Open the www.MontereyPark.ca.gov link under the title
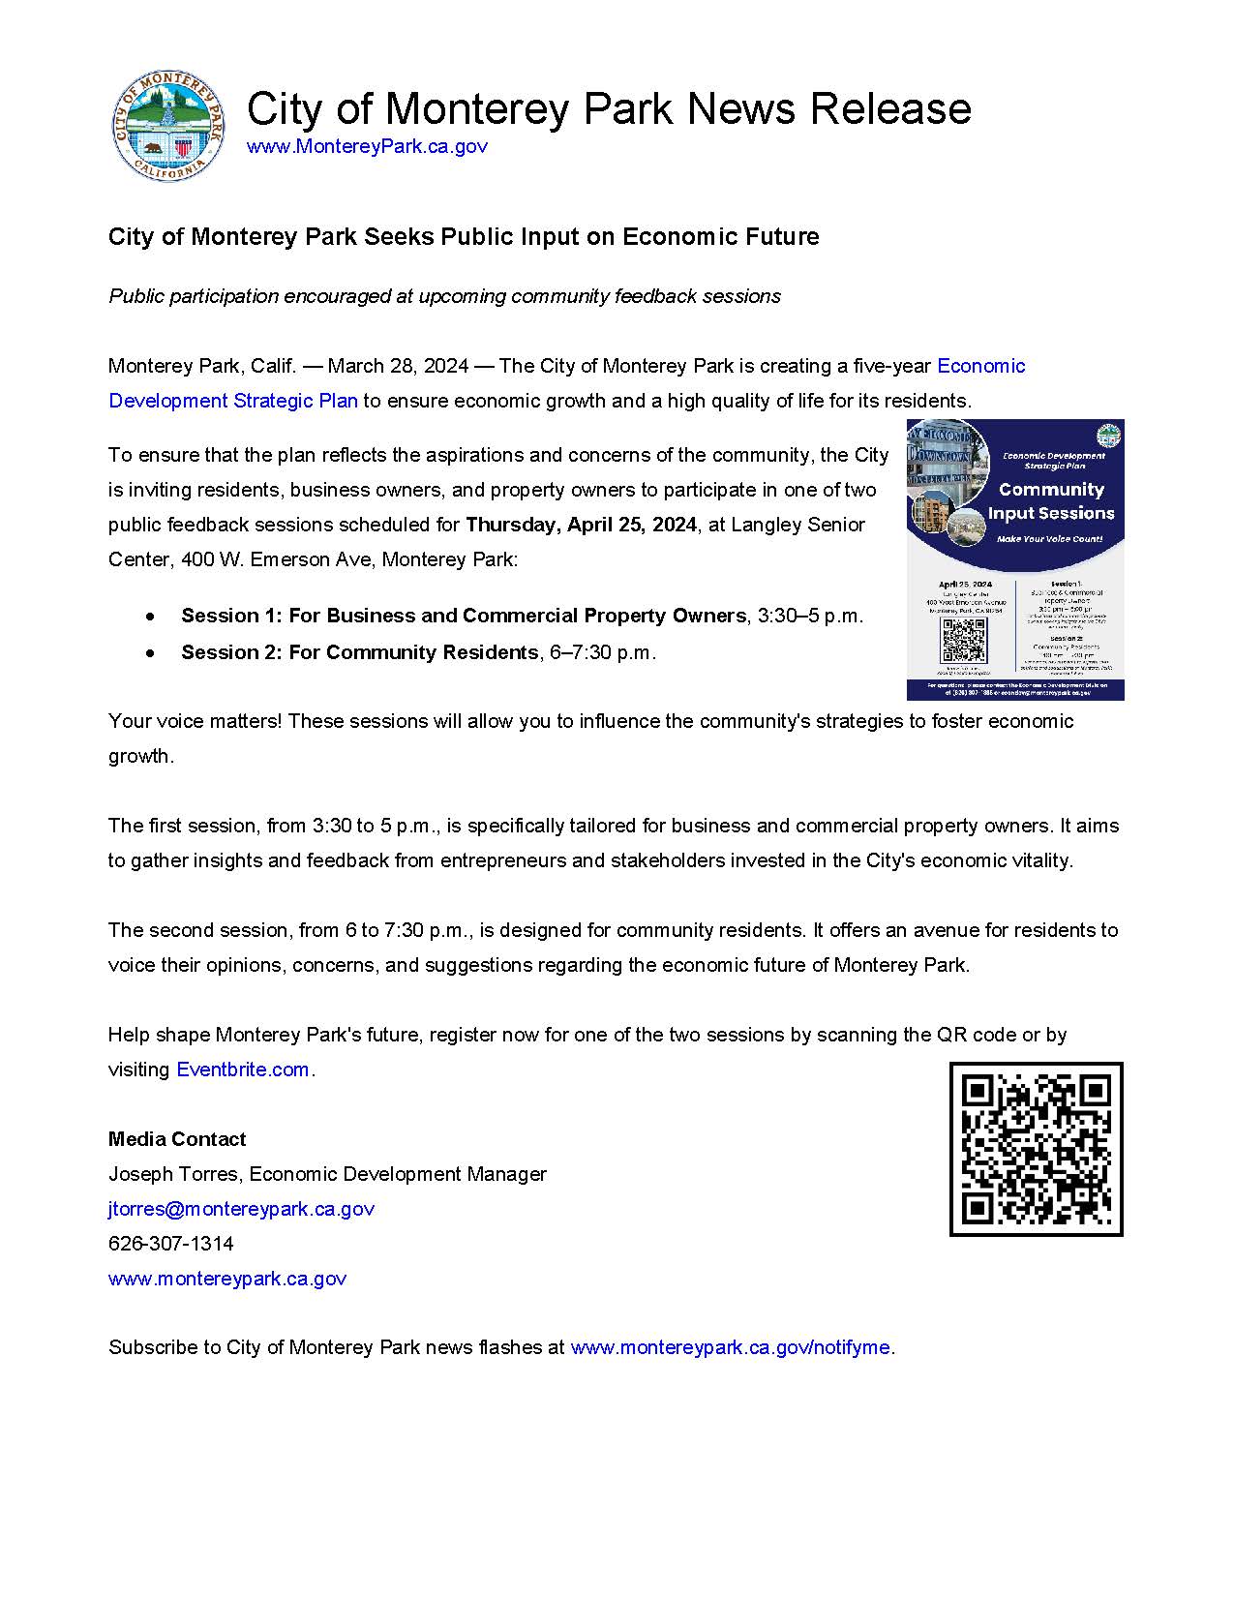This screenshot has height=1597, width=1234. (x=367, y=147)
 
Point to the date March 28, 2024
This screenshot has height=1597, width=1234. (x=398, y=367)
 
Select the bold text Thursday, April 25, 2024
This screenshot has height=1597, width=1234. (x=581, y=525)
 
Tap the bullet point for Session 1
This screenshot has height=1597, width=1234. (x=150, y=617)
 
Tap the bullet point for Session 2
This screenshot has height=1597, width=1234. (x=150, y=653)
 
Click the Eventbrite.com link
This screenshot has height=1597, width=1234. (x=242, y=1070)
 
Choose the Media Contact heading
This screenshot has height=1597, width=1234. (x=177, y=1139)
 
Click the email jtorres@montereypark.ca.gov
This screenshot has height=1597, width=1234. (x=241, y=1209)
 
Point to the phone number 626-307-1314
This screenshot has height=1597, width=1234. (x=171, y=1244)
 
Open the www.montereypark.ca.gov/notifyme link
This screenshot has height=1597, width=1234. (x=730, y=1347)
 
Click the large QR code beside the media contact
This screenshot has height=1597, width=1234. (x=1036, y=1149)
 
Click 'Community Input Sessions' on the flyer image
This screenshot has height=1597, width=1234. (x=1051, y=501)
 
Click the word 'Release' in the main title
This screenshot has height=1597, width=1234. (x=890, y=108)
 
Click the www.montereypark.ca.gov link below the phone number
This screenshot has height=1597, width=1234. (x=227, y=1279)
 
